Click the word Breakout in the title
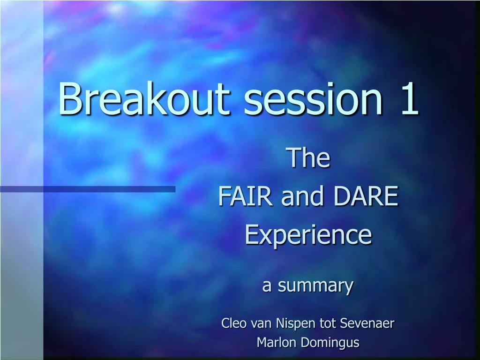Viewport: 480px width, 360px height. pos(144,98)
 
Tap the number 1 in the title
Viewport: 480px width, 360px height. pos(409,98)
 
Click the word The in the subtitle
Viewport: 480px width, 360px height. pos(308,157)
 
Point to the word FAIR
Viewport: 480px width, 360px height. pos(245,196)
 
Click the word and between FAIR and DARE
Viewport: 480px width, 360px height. pos(302,196)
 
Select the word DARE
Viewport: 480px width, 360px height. pos(366,196)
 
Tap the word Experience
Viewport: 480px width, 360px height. pos(308,235)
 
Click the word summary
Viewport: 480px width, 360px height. pos(315,286)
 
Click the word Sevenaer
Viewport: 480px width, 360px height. pos(367,323)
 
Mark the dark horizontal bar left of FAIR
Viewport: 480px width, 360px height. pos(88,189)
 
